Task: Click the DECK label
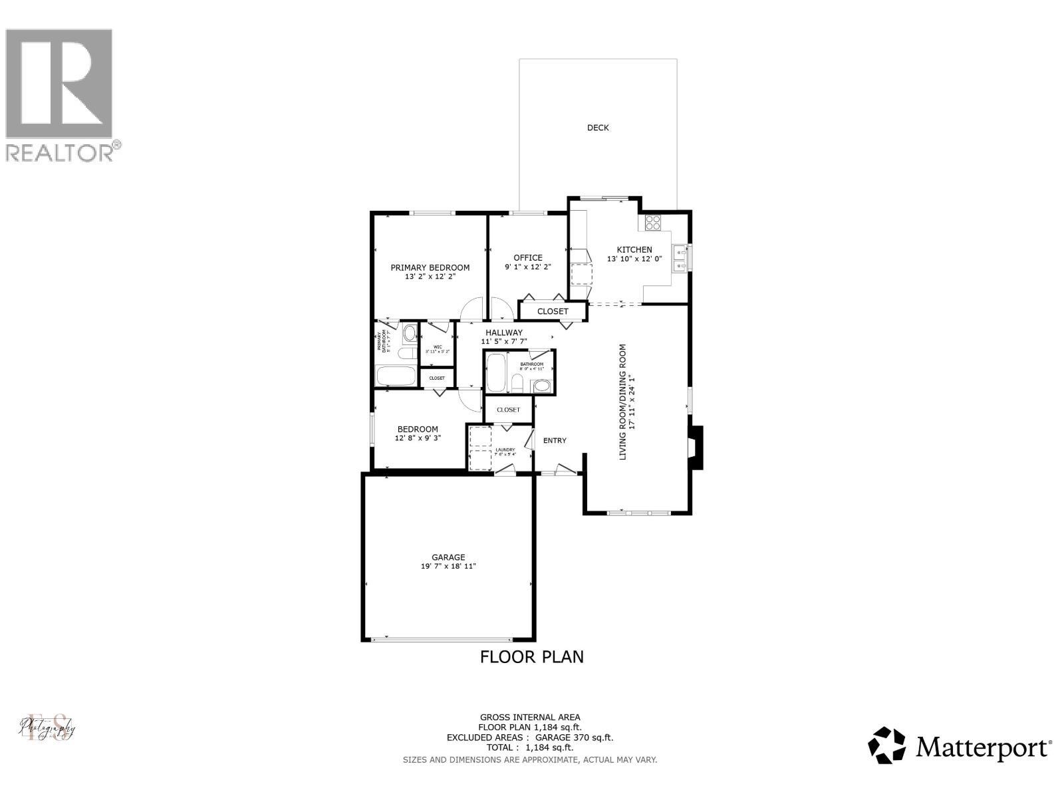click(597, 128)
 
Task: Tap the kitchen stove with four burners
click(653, 223)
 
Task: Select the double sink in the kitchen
click(679, 258)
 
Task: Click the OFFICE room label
click(527, 257)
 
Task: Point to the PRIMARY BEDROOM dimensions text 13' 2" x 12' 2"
click(430, 277)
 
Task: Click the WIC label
click(438, 346)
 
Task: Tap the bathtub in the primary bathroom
click(396, 376)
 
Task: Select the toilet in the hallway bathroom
click(517, 384)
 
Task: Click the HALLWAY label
click(503, 332)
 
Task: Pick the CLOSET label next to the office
click(553, 311)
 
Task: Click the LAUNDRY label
click(505, 450)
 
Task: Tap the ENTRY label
click(555, 440)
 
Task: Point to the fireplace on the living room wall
click(695, 448)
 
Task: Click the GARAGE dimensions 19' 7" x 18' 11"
click(448, 567)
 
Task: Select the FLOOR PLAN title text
click(531, 657)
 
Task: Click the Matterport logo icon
click(887, 745)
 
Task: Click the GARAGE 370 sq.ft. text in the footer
click(572, 737)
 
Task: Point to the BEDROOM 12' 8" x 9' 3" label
click(418, 434)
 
